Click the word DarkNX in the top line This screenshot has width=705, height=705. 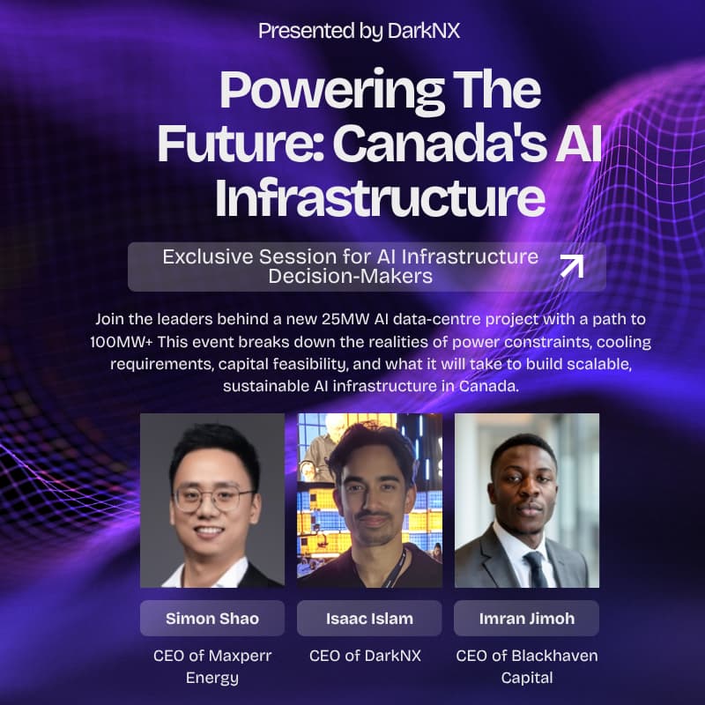[x=423, y=31]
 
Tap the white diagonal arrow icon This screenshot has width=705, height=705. [x=572, y=265]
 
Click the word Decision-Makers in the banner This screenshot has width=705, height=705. [x=350, y=276]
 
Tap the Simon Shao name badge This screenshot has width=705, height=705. [x=212, y=618]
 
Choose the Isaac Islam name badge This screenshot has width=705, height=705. [x=369, y=618]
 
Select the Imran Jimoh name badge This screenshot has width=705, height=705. [x=526, y=618]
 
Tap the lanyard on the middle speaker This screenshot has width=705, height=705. [x=398, y=564]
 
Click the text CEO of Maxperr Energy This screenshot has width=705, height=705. [x=212, y=666]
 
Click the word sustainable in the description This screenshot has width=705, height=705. [x=270, y=386]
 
